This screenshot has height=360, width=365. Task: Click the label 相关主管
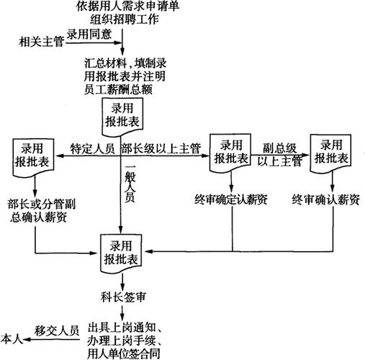pyautogui.click(x=41, y=42)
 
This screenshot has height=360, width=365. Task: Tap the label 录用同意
pyautogui.click(x=89, y=34)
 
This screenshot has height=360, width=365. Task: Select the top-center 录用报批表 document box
pyautogui.click(x=122, y=117)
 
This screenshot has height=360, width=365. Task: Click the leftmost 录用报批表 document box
pyautogui.click(x=33, y=157)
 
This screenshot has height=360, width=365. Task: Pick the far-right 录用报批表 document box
pyautogui.click(x=330, y=153)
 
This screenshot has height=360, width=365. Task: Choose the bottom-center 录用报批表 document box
pyautogui.click(x=121, y=254)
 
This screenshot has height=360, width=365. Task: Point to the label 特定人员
pyautogui.click(x=92, y=148)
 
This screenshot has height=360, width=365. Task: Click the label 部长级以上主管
pyautogui.click(x=161, y=148)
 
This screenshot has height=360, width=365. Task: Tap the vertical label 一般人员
pyautogui.click(x=130, y=184)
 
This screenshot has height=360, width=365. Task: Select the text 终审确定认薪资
pyautogui.click(x=231, y=199)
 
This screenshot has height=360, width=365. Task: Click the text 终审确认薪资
pyautogui.click(x=326, y=199)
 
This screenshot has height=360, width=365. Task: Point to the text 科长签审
pyautogui.click(x=123, y=297)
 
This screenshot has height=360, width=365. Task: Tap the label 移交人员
pyautogui.click(x=57, y=330)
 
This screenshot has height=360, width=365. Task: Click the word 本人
pyautogui.click(x=12, y=339)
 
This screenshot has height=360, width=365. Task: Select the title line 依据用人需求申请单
pyautogui.click(x=127, y=6)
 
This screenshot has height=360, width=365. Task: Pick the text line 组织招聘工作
pyautogui.click(x=125, y=19)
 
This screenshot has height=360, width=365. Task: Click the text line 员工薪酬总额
pyautogui.click(x=118, y=90)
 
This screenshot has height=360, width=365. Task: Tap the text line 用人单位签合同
pyautogui.click(x=123, y=354)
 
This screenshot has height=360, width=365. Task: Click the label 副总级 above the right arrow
pyautogui.click(x=280, y=148)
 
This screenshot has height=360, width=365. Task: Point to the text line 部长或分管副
pyautogui.click(x=42, y=204)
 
